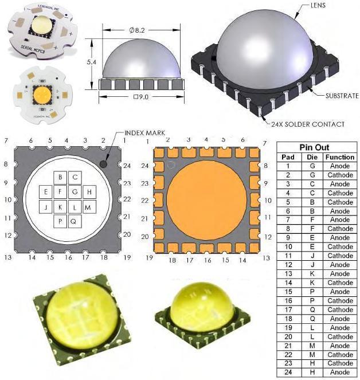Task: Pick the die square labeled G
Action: [75, 191]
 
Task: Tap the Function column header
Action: [339, 157]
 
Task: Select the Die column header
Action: [313, 157]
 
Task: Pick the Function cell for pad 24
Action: [339, 373]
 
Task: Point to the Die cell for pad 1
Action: [313, 166]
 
